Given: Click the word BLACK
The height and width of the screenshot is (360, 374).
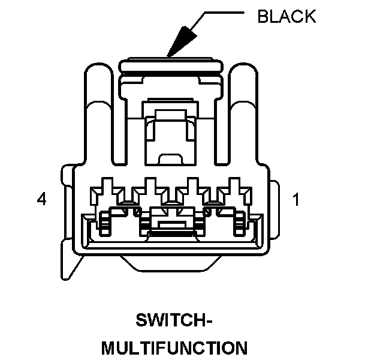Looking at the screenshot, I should point(286,16).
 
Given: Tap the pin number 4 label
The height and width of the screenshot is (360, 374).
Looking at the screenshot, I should point(41,199).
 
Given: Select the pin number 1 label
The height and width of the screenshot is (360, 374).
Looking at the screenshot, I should point(295,199).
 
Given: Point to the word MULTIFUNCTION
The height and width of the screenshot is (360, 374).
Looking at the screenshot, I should point(173,348).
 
